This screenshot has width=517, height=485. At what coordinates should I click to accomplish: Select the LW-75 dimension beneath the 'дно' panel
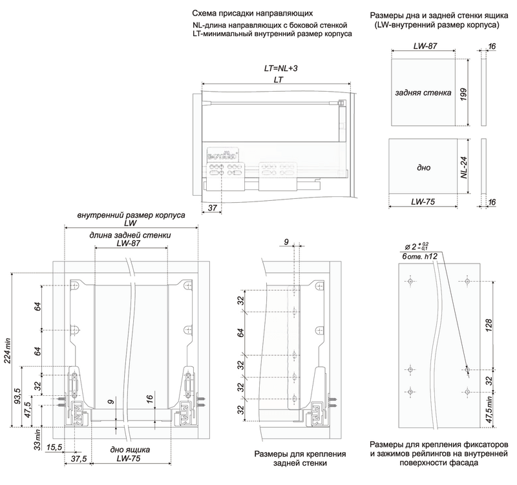pyautogui.click(x=425, y=202)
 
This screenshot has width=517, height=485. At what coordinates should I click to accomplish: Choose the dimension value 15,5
pyautogui.click(x=54, y=447)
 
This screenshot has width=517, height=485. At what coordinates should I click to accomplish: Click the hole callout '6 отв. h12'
pyautogui.click(x=417, y=257)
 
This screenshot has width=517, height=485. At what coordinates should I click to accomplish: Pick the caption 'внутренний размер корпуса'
pyautogui.click(x=131, y=214)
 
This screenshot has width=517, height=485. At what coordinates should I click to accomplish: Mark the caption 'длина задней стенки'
pyautogui.click(x=131, y=235)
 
